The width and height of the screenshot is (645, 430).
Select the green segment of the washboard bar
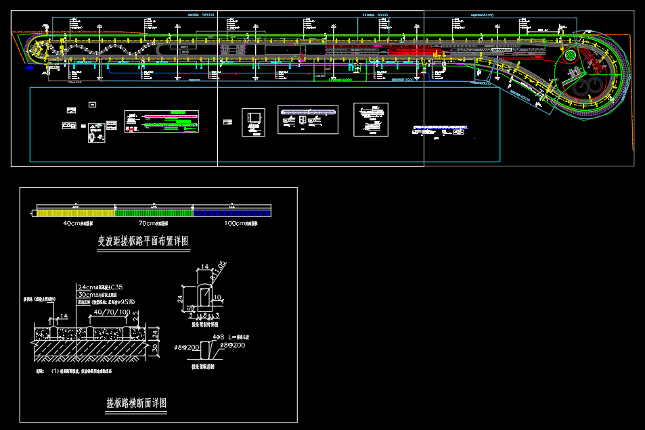pos(154,213)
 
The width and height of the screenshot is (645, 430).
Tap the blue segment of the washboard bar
pos(232,213)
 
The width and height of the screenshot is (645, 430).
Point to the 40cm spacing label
pos(82,223)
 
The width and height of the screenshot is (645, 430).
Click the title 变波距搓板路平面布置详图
pos(143,241)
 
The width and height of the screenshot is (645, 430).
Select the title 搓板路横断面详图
pos(136,403)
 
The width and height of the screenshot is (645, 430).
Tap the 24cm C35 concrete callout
pos(100,287)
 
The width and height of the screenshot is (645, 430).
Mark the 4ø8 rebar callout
pos(219,336)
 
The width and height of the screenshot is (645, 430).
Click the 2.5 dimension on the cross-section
pos(136,314)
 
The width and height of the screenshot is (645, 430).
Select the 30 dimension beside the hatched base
pos(156,348)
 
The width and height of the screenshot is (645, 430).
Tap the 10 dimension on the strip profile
pos(218,297)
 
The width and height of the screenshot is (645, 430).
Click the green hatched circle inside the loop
pos(571,55)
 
